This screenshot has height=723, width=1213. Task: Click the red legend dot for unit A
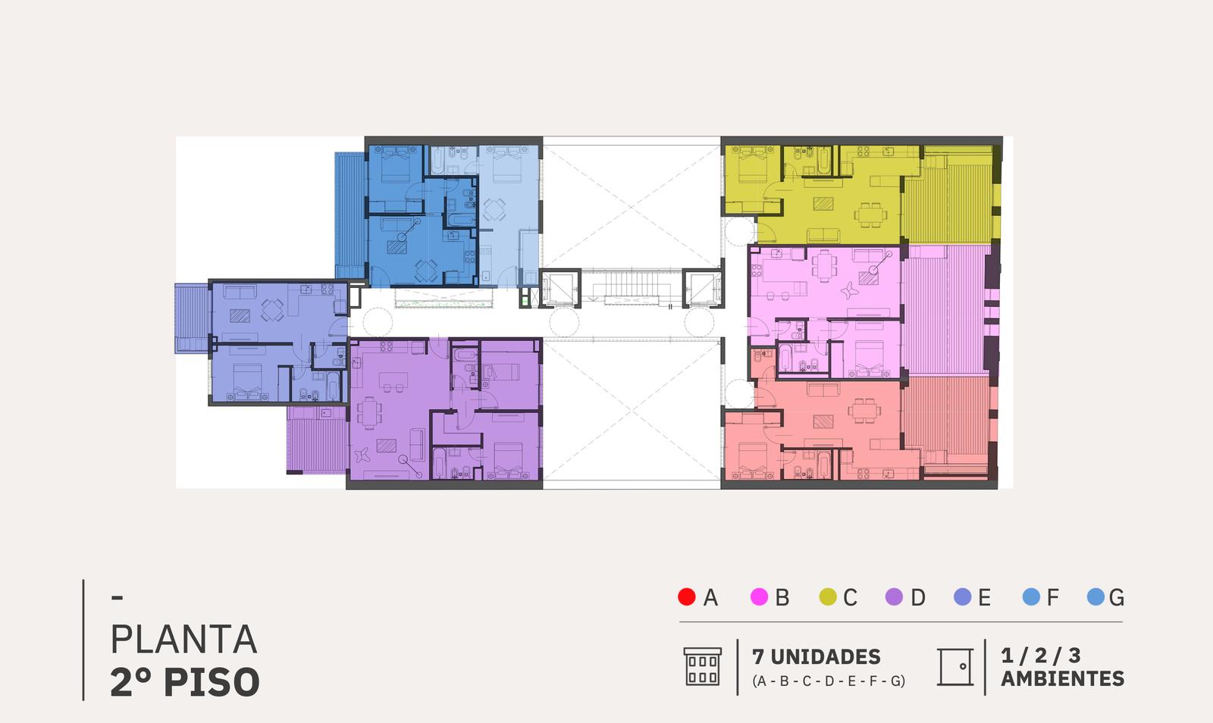tap(687, 597)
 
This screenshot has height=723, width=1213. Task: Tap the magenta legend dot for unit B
tap(759, 597)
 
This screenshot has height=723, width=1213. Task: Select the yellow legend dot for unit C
tap(828, 597)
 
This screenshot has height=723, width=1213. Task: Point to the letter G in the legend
tap(1117, 597)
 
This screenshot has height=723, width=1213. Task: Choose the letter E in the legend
tap(985, 597)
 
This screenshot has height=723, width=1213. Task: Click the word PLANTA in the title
tap(183, 639)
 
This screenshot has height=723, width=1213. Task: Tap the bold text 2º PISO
tap(185, 682)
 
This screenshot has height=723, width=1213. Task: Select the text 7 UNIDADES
tap(816, 656)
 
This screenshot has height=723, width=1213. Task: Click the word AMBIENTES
tap(1062, 678)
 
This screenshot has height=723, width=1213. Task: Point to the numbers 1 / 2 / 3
tap(1040, 656)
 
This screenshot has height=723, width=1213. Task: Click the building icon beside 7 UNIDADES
tap(702, 667)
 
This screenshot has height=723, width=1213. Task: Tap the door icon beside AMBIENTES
tap(955, 667)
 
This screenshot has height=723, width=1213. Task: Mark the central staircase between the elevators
tap(631, 286)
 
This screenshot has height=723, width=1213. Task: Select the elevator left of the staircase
tap(560, 289)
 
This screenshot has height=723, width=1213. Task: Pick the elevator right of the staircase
tap(703, 289)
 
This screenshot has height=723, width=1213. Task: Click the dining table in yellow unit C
tap(871, 214)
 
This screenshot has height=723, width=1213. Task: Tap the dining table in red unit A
tap(864, 410)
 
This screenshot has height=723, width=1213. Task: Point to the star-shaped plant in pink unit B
tap(848, 291)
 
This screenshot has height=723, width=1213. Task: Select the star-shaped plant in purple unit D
tap(361, 454)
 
